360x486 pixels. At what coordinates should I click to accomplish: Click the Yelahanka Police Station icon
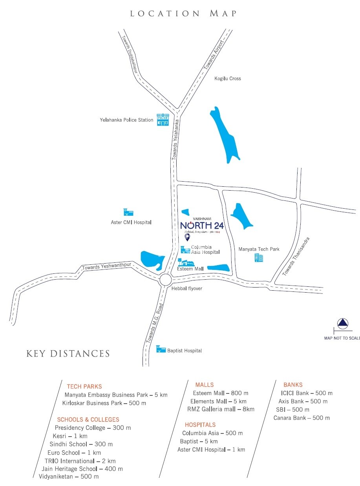pos(163,120)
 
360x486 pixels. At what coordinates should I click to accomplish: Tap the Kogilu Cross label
pos(228,78)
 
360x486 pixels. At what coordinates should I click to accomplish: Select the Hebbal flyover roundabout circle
pos(165,280)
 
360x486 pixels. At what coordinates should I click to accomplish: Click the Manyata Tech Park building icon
pos(259,258)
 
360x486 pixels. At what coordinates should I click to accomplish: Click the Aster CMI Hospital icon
pos(128,212)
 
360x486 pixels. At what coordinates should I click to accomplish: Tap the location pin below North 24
pos(187,238)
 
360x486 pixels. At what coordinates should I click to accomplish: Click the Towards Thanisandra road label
pos(296,256)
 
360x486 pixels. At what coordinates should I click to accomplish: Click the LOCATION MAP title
pos(183,13)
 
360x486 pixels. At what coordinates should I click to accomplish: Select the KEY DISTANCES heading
pos(68,353)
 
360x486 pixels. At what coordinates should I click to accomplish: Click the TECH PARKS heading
pos(84,386)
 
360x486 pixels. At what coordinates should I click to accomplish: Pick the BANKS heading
pos(293,385)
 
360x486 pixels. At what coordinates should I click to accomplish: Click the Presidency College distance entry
pos(93,428)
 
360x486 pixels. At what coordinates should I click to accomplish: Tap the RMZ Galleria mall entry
pos(221,409)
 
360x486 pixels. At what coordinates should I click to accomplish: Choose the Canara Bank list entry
pos(302,418)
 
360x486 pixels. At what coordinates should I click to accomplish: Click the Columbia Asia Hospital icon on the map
pos(185,249)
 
